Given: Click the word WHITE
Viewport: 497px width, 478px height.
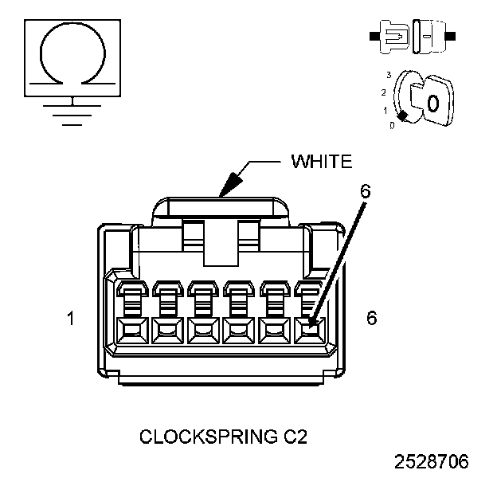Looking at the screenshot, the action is pos(321,162).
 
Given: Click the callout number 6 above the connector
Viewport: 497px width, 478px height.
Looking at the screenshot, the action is pos(366,192).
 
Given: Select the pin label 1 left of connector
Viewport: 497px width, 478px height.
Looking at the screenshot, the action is pos(71,319).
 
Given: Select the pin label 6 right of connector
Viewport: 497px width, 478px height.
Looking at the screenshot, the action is pos(371,318).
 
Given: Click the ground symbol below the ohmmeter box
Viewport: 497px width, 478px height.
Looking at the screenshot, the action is pos(73,112).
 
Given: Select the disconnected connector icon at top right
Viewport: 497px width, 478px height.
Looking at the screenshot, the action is pos(411,37).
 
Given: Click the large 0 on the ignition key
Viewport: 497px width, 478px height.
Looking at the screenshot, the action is pos(432,103).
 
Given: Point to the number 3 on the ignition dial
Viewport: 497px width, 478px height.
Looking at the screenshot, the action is pos(388,74).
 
